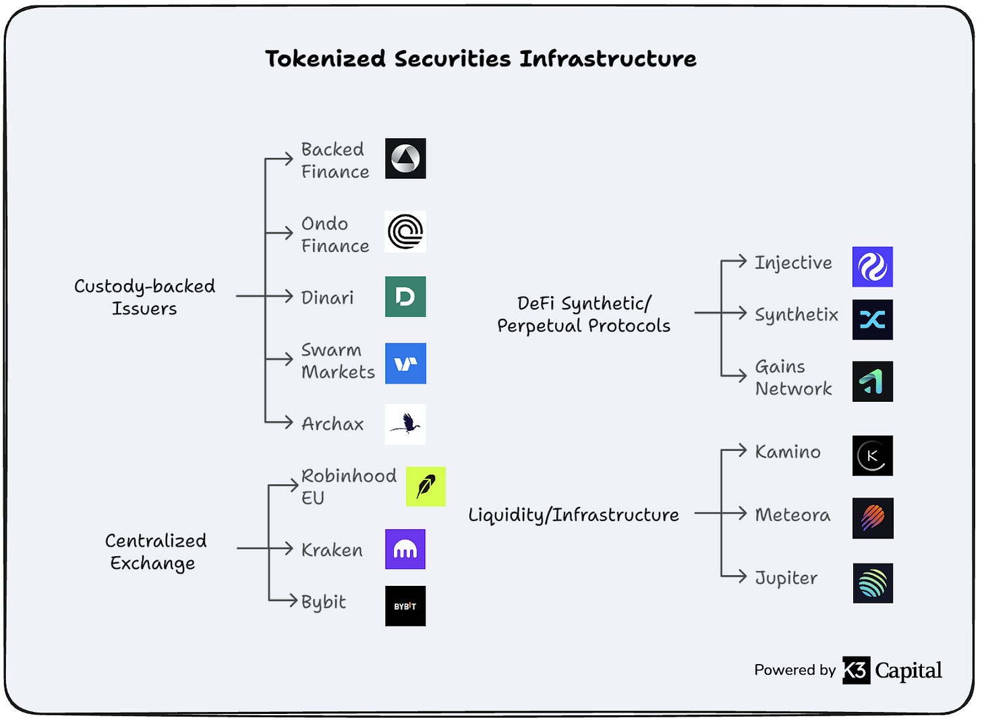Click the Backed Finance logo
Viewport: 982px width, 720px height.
pyautogui.click(x=405, y=158)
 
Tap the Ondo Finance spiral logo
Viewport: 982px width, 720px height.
pyautogui.click(x=405, y=232)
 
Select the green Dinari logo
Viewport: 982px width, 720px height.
pyautogui.click(x=405, y=297)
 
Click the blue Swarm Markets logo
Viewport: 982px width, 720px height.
pyautogui.click(x=405, y=363)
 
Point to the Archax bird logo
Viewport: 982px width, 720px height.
pyautogui.click(x=405, y=424)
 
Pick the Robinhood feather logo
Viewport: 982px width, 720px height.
pyautogui.click(x=426, y=486)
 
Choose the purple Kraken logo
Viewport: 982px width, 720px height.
pyautogui.click(x=405, y=549)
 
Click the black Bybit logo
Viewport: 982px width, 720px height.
pyautogui.click(x=405, y=606)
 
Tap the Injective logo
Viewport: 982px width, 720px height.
pyautogui.click(x=872, y=267)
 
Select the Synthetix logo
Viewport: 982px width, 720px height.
pyautogui.click(x=872, y=320)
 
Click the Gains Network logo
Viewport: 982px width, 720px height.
pyautogui.click(x=872, y=382)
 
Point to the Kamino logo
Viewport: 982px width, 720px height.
pyautogui.click(x=872, y=456)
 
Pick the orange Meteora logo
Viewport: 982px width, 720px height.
pyautogui.click(x=872, y=518)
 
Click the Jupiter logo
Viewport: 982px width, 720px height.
pyautogui.click(x=872, y=583)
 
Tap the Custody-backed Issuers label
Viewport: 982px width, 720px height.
pyautogui.click(x=144, y=297)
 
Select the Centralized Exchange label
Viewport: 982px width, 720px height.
pyautogui.click(x=154, y=551)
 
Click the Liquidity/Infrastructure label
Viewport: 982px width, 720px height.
pyautogui.click(x=573, y=515)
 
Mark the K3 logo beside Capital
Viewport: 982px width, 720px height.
pyautogui.click(x=856, y=670)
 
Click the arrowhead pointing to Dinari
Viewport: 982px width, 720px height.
pyautogui.click(x=289, y=296)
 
